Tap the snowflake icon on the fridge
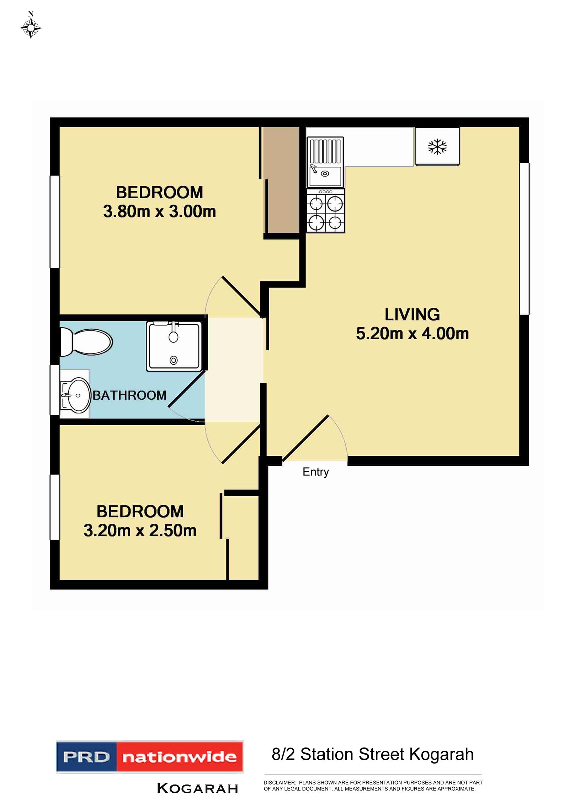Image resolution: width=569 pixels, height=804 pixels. (437, 147)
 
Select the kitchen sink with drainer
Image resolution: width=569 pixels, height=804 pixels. (325, 162)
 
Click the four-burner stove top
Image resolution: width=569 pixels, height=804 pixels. (325, 211)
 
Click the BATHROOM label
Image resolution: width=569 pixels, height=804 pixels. (129, 395)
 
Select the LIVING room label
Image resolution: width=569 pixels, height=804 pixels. (412, 315)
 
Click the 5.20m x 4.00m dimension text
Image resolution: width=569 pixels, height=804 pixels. (412, 334)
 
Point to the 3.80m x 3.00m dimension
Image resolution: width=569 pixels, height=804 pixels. (159, 211)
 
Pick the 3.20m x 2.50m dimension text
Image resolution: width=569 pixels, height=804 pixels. (140, 530)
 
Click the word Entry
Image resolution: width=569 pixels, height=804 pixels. (315, 472)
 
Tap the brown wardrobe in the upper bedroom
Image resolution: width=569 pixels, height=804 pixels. (281, 180)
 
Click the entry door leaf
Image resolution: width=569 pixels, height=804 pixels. (305, 438)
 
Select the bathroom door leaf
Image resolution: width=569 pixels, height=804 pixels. (186, 388)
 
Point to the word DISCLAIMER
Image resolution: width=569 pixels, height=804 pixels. (280, 782)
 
